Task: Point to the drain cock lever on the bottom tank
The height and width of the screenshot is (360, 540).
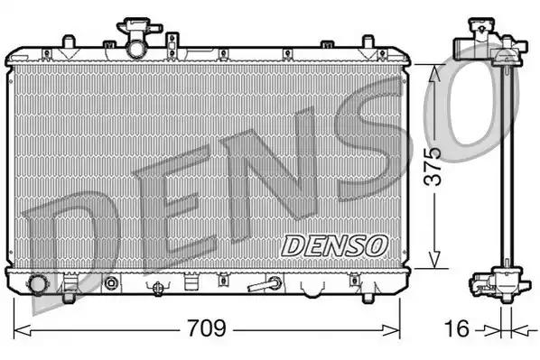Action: (265, 285)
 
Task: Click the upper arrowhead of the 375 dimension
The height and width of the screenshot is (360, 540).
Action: (437, 69)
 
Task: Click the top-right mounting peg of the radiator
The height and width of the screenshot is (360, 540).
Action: (368, 42)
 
